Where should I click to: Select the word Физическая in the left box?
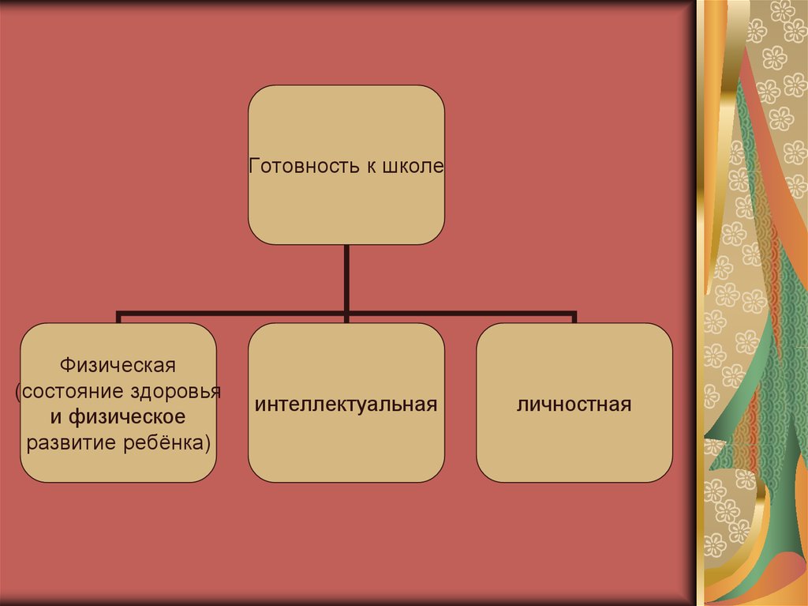tap(118, 367)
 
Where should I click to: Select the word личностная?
tap(574, 405)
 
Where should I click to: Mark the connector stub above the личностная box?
tap(574, 318)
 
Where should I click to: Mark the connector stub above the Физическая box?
tap(119, 318)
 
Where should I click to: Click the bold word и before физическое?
tap(56, 416)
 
